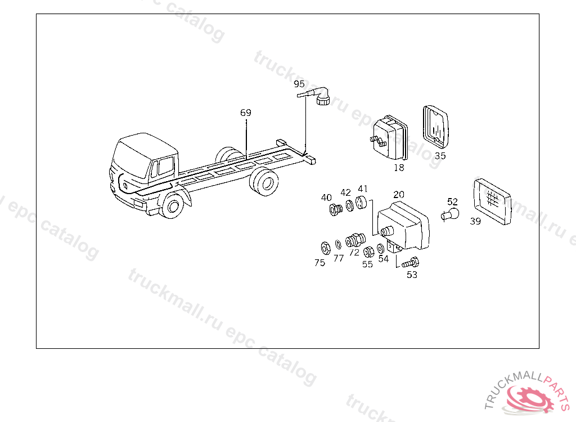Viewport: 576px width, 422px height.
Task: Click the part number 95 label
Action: (299, 84)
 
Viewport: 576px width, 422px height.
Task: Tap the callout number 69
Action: (246, 113)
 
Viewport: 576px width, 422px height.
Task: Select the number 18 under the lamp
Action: (398, 167)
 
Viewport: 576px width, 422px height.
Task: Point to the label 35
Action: (440, 156)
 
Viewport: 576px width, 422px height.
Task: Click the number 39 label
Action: (475, 221)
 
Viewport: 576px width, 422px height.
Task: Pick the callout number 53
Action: (412, 275)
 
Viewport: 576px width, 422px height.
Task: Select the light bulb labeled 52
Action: (451, 214)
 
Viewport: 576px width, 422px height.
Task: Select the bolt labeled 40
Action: (335, 210)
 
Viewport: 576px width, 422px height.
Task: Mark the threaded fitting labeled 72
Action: (353, 240)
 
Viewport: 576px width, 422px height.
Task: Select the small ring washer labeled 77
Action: (338, 245)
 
